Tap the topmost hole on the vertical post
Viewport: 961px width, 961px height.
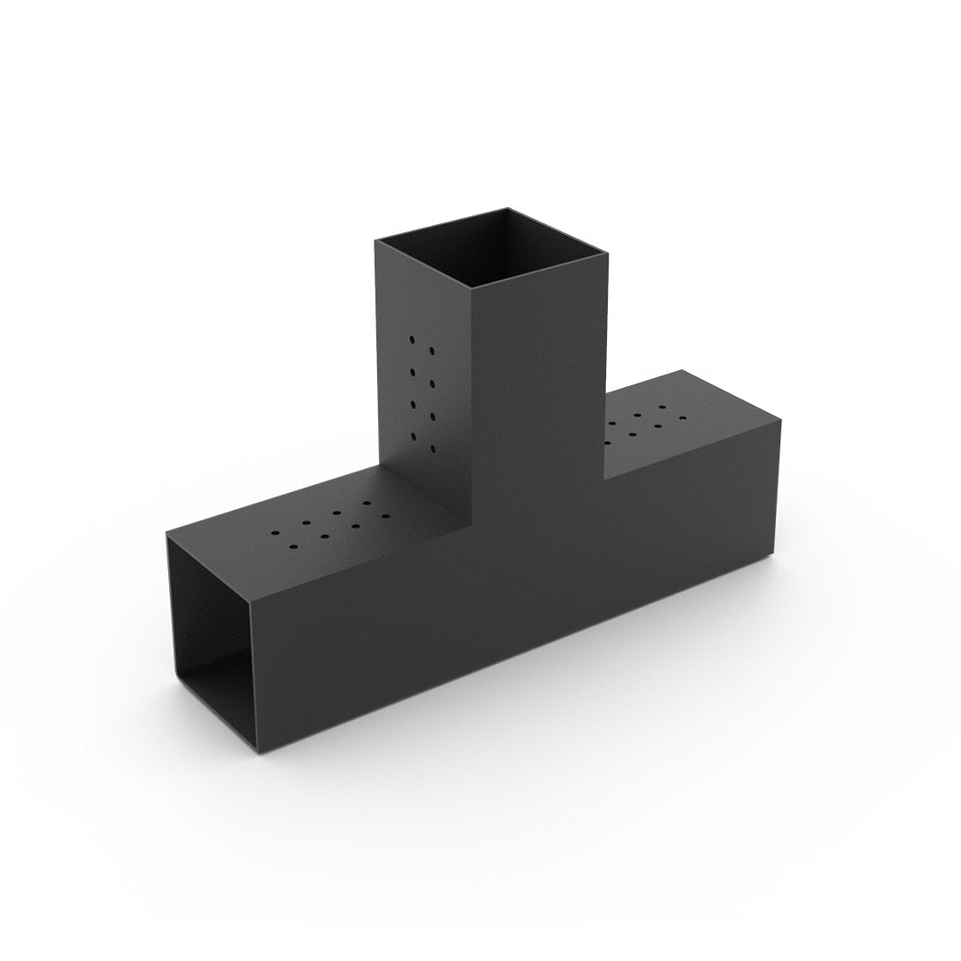(x=412, y=339)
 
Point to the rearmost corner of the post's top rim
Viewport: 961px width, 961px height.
(x=509, y=208)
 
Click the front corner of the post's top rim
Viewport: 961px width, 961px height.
(x=471, y=287)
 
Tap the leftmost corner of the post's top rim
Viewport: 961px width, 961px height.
(x=375, y=240)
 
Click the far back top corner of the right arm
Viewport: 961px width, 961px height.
(x=682, y=370)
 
